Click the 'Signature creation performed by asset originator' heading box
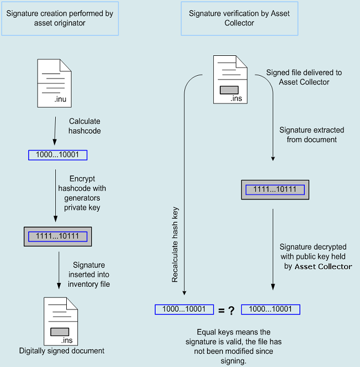pyautogui.click(x=60, y=18)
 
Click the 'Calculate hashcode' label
pyautogui.click(x=84, y=126)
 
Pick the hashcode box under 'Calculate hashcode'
pyautogui.click(x=57, y=155)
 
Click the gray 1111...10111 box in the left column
pyautogui.click(x=57, y=237)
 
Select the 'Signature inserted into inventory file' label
pyautogui.click(x=89, y=275)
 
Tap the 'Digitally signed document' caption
pyautogui.click(x=61, y=351)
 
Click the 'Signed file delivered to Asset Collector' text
pyautogui.click(x=304, y=77)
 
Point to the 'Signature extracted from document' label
pyautogui.click(x=311, y=135)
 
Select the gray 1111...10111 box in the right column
pyautogui.click(x=274, y=190)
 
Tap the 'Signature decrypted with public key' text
pyautogui.click(x=314, y=256)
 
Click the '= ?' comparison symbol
pyautogui.click(x=226, y=310)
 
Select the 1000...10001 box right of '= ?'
pyautogui.click(x=271, y=310)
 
